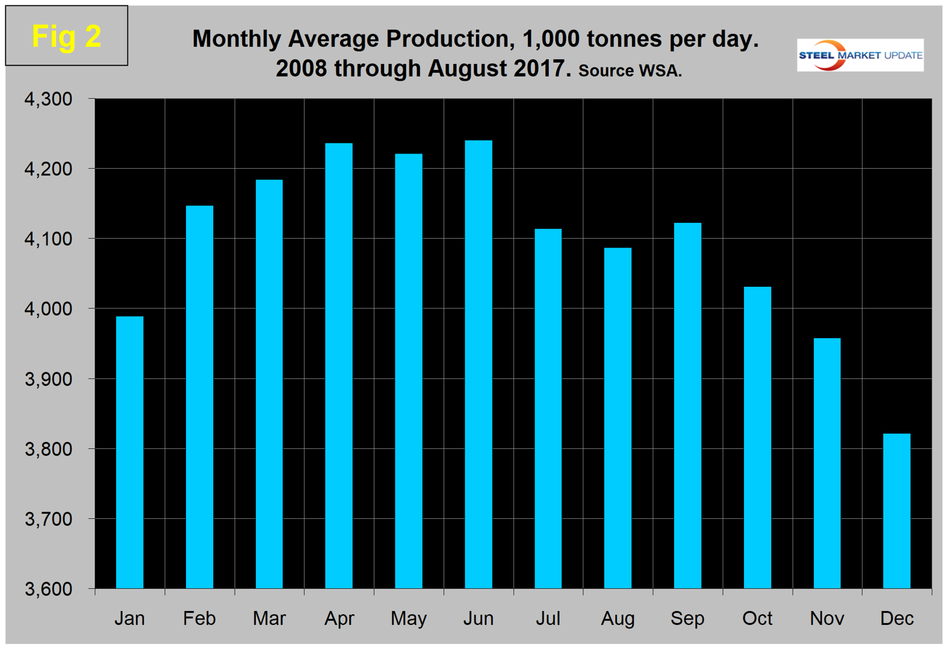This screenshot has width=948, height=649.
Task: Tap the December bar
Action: (x=896, y=511)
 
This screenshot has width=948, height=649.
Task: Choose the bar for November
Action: (x=827, y=463)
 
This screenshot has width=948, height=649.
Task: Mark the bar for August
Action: (x=617, y=418)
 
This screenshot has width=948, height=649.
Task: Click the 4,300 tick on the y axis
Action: (x=48, y=99)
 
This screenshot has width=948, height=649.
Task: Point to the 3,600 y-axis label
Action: (x=48, y=589)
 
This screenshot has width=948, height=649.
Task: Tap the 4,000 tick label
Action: (x=48, y=309)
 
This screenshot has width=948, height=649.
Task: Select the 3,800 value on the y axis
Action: (x=48, y=449)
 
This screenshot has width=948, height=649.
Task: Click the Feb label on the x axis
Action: (x=199, y=618)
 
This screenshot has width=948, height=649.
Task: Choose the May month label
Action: (x=409, y=618)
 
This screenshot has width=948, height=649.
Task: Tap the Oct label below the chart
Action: (x=757, y=618)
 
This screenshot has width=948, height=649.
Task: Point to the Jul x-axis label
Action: (x=548, y=618)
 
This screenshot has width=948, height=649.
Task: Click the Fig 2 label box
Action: (x=67, y=36)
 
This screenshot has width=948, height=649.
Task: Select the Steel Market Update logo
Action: (x=860, y=55)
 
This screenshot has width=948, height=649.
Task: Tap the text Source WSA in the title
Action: (x=629, y=71)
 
